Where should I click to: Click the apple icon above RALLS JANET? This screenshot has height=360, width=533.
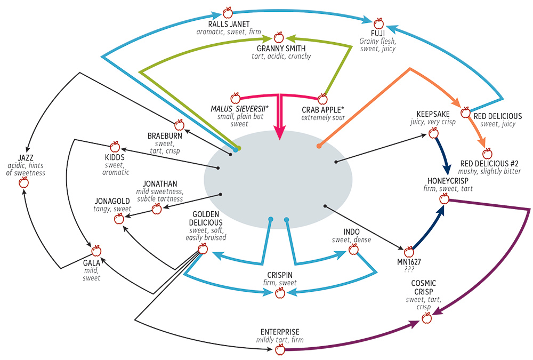[228, 12]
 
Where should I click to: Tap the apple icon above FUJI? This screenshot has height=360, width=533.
[379, 23]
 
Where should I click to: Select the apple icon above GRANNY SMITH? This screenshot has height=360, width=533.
[278, 37]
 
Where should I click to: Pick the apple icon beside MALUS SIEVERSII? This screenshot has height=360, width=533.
[235, 98]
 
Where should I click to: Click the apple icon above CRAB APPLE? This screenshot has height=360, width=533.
[322, 99]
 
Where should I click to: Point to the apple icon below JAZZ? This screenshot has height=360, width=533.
[23, 183]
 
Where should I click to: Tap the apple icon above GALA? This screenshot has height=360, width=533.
[96, 251]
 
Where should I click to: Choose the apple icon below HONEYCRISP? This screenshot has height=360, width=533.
[444, 199]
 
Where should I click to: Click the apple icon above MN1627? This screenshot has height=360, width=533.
[409, 252]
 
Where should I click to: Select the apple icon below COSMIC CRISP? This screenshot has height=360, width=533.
[426, 318]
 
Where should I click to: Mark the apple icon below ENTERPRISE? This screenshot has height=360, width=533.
[280, 349]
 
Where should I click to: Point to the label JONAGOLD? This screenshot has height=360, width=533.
[111, 201]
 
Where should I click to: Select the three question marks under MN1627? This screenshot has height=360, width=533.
[409, 269]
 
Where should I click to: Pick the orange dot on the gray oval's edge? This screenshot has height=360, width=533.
[319, 146]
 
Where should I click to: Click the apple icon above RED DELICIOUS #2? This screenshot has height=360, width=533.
[487, 154]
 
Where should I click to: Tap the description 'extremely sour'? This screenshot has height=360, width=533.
[323, 117]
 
